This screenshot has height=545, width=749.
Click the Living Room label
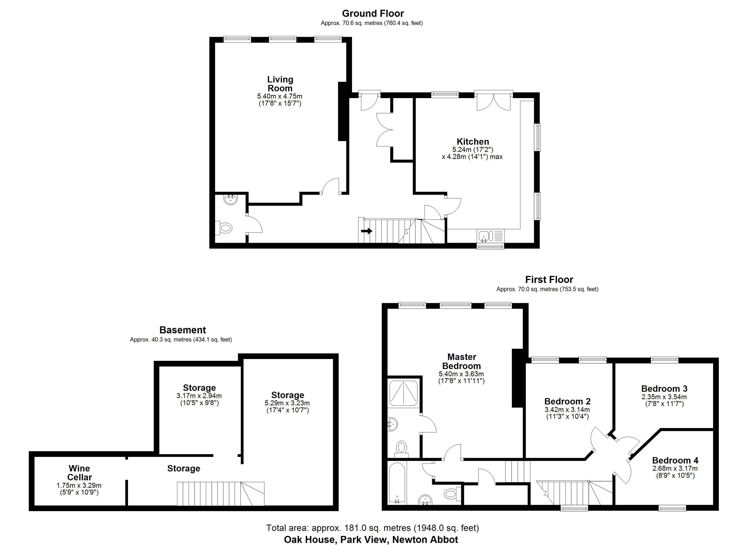point(280,84)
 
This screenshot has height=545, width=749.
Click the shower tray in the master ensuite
point(404,393)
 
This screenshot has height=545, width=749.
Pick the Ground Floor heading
point(373,14)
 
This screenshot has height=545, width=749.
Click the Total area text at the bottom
point(372,528)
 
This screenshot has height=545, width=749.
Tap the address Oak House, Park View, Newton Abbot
point(371,539)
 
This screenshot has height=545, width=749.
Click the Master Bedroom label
point(461,361)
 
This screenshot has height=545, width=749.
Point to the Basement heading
point(183,330)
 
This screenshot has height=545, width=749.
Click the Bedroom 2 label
point(567,401)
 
